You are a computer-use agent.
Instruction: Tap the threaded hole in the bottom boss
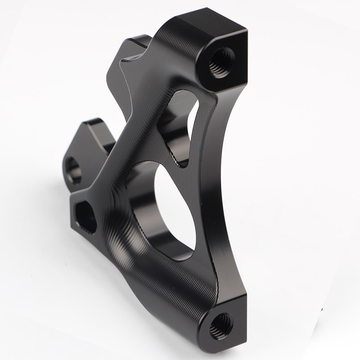[x=221, y=325]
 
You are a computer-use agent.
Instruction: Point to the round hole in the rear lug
[x=73, y=170]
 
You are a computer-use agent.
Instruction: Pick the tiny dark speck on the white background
[x=323, y=310]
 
